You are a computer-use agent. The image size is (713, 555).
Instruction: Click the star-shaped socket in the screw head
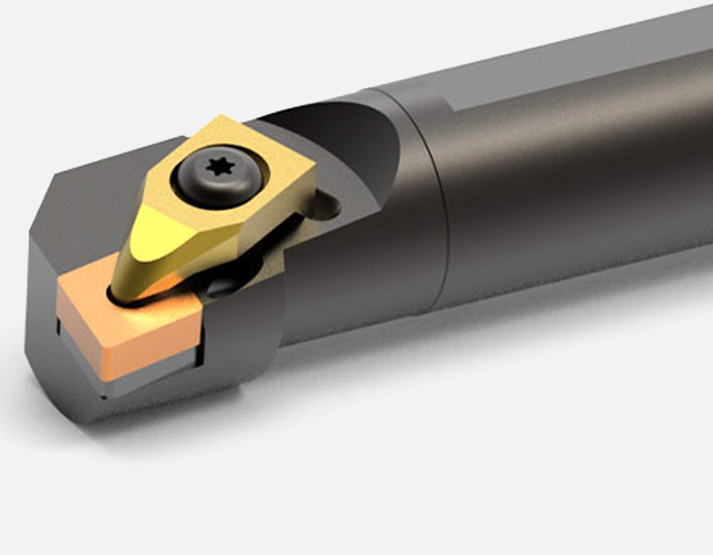pyautogui.click(x=216, y=166)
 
